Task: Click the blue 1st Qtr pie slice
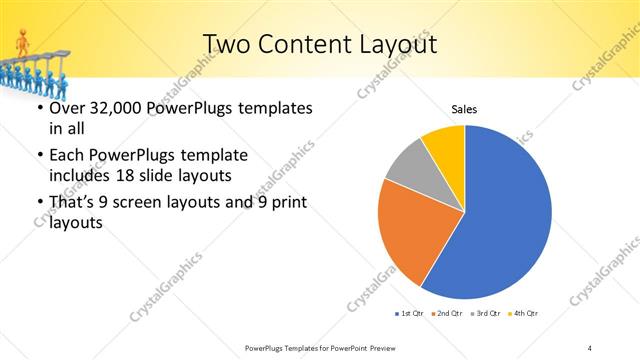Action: click(x=505, y=220)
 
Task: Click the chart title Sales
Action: click(x=464, y=108)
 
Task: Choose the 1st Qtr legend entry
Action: click(x=410, y=314)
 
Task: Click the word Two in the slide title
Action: click(x=227, y=44)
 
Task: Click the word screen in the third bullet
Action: click(x=149, y=204)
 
